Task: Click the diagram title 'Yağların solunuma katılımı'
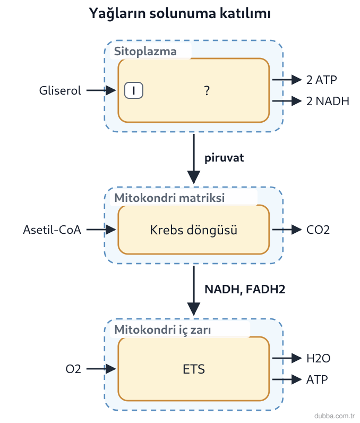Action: pyautogui.click(x=179, y=13)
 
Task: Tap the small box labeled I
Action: pyautogui.click(x=134, y=90)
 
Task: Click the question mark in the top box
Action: pyautogui.click(x=207, y=91)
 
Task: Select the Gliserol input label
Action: pyautogui.click(x=60, y=91)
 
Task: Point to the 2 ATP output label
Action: pyautogui.click(x=321, y=80)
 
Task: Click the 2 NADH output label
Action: pyautogui.click(x=328, y=101)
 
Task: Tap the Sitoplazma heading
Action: pyautogui.click(x=145, y=51)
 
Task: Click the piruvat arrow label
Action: pyautogui.click(x=224, y=158)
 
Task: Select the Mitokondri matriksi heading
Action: pyautogui.click(x=169, y=198)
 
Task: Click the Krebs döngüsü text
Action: pyautogui.click(x=193, y=230)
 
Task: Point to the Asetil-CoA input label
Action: pyautogui.click(x=52, y=230)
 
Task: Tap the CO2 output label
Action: pyautogui.click(x=318, y=230)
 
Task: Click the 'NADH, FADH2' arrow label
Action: pyautogui.click(x=245, y=289)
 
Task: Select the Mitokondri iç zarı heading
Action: pyautogui.click(x=162, y=329)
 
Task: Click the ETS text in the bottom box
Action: pyautogui.click(x=194, y=369)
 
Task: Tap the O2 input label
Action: pyautogui.click(x=73, y=369)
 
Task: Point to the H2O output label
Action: pyautogui.click(x=318, y=359)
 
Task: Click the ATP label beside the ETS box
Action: pyautogui.click(x=317, y=379)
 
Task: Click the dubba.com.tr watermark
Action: pyautogui.click(x=335, y=416)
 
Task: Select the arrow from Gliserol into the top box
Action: pyautogui.click(x=101, y=90)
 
